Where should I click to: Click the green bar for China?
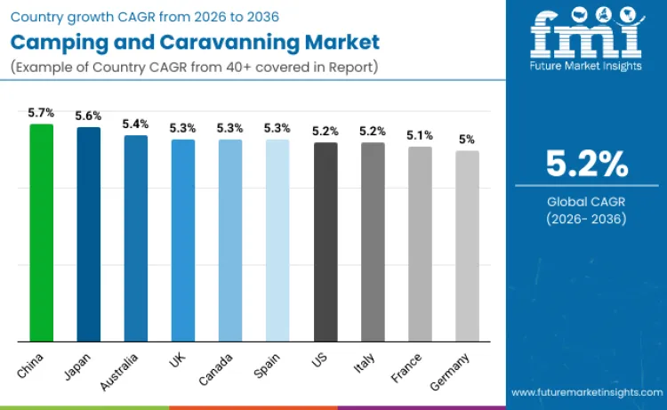click(41, 233)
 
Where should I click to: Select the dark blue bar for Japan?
click(88, 235)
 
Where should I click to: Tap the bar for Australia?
click(136, 238)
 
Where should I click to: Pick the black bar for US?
click(325, 242)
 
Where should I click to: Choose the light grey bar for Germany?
click(468, 246)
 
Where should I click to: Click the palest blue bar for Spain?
click(277, 240)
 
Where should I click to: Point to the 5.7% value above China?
click(41, 113)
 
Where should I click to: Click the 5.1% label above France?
click(420, 135)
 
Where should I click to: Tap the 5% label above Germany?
click(468, 140)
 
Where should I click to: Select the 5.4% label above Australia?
click(136, 124)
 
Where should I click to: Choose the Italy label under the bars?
click(366, 359)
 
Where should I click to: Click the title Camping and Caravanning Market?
click(195, 41)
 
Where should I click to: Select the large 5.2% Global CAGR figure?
click(587, 164)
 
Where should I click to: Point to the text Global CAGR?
click(587, 201)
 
